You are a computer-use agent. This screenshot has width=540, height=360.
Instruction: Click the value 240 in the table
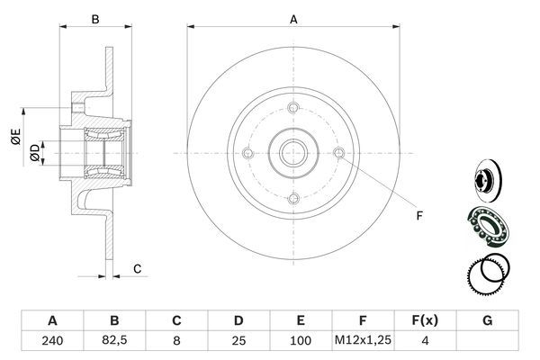pyautogui.click(x=52, y=342)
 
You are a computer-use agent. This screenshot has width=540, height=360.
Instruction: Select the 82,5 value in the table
pyautogui.click(x=114, y=342)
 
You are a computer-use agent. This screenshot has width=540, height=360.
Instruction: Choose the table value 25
pyautogui.click(x=239, y=342)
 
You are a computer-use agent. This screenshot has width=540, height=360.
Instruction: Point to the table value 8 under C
pyautogui.click(x=177, y=342)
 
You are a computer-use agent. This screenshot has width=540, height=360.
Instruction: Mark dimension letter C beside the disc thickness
pyautogui.click(x=137, y=268)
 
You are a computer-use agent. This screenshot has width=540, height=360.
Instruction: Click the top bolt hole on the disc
pyautogui.click(x=293, y=109)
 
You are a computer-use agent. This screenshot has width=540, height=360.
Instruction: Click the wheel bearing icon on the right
pyautogui.click(x=487, y=224)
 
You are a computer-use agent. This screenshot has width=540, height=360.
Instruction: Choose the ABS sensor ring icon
pyautogui.click(x=487, y=274)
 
